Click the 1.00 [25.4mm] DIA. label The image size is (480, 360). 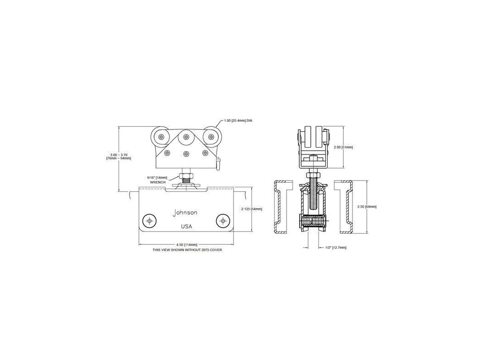(238, 120)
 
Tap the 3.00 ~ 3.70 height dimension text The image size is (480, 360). (119, 155)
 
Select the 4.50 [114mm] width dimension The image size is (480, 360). (186, 244)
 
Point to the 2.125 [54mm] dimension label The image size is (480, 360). (252, 209)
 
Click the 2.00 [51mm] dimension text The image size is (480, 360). (343, 147)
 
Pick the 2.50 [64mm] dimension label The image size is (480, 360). (367, 206)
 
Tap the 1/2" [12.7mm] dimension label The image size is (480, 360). (336, 248)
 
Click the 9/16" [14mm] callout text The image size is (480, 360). (157, 178)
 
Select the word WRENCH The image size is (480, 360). (158, 182)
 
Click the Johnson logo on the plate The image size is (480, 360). (185, 213)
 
